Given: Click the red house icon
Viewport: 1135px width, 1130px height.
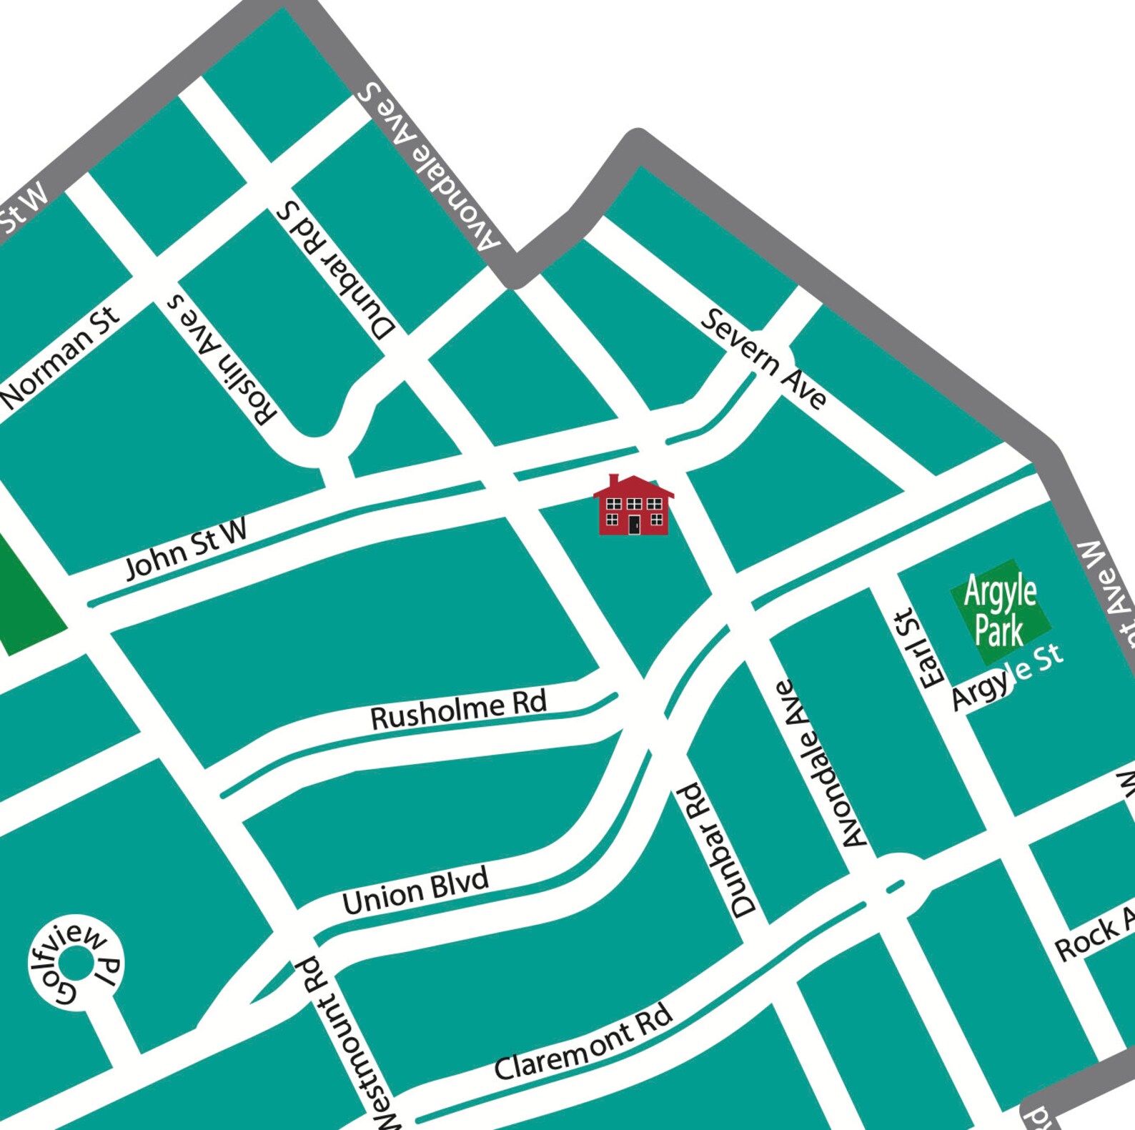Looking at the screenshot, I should pyautogui.click(x=633, y=506).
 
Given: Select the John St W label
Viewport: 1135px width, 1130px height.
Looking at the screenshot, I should pyautogui.click(x=186, y=549).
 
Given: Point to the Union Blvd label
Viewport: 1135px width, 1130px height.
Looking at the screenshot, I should pyautogui.click(x=415, y=891).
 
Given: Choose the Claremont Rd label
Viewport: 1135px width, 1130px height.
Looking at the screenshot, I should pyautogui.click(x=583, y=1042).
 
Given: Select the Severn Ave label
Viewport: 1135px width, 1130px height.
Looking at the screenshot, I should pyautogui.click(x=763, y=357).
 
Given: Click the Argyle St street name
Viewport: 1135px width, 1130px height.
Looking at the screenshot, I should pyautogui.click(x=1008, y=676).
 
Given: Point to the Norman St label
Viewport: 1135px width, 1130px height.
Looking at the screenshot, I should pyautogui.click(x=61, y=357).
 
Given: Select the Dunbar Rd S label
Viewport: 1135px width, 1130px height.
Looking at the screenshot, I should pyautogui.click(x=336, y=270).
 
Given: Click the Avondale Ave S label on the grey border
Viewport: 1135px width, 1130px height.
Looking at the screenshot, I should pyautogui.click(x=429, y=167).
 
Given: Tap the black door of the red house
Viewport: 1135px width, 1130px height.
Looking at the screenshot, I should pyautogui.click(x=634, y=525).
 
